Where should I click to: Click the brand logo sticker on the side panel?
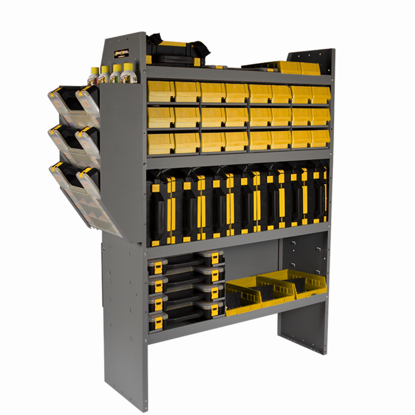click(121, 52)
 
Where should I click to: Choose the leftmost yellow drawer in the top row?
click(161, 91)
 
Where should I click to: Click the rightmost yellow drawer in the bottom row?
click(320, 139)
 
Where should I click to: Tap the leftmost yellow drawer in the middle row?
click(161, 117)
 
